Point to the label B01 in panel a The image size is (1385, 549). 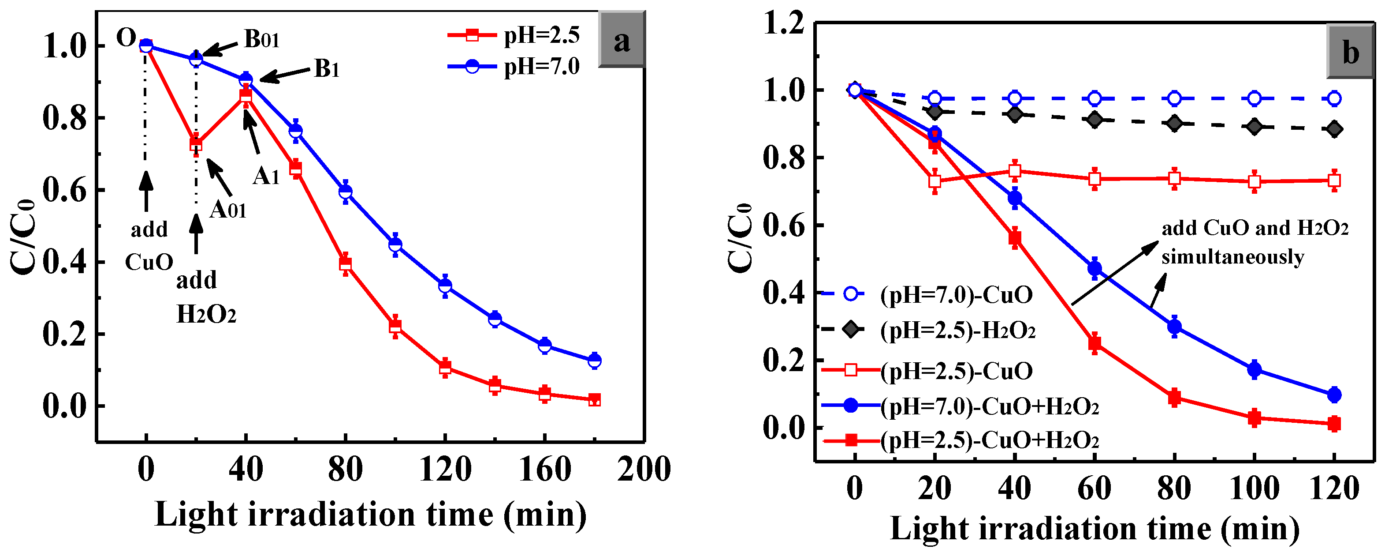(261, 39)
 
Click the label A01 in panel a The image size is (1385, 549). (228, 209)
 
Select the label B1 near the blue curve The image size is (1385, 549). (326, 68)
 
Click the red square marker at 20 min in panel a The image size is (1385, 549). (196, 144)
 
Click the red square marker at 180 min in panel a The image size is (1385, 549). (594, 399)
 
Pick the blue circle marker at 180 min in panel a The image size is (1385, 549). (594, 361)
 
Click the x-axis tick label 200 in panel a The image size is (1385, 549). (644, 469)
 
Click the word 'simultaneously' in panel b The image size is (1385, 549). (1232, 257)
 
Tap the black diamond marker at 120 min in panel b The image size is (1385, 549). (1334, 129)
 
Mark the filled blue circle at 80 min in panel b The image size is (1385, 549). (1174, 327)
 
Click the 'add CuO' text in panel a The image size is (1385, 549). (149, 246)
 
